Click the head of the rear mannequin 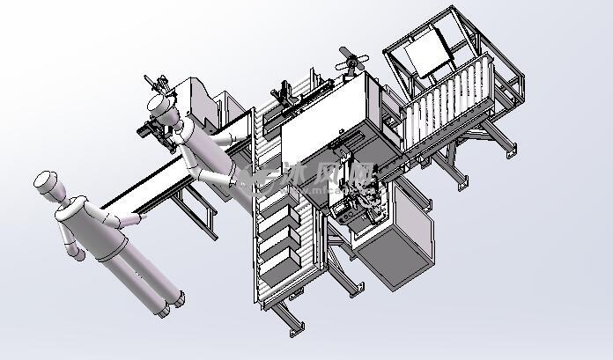(x=161, y=105)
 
